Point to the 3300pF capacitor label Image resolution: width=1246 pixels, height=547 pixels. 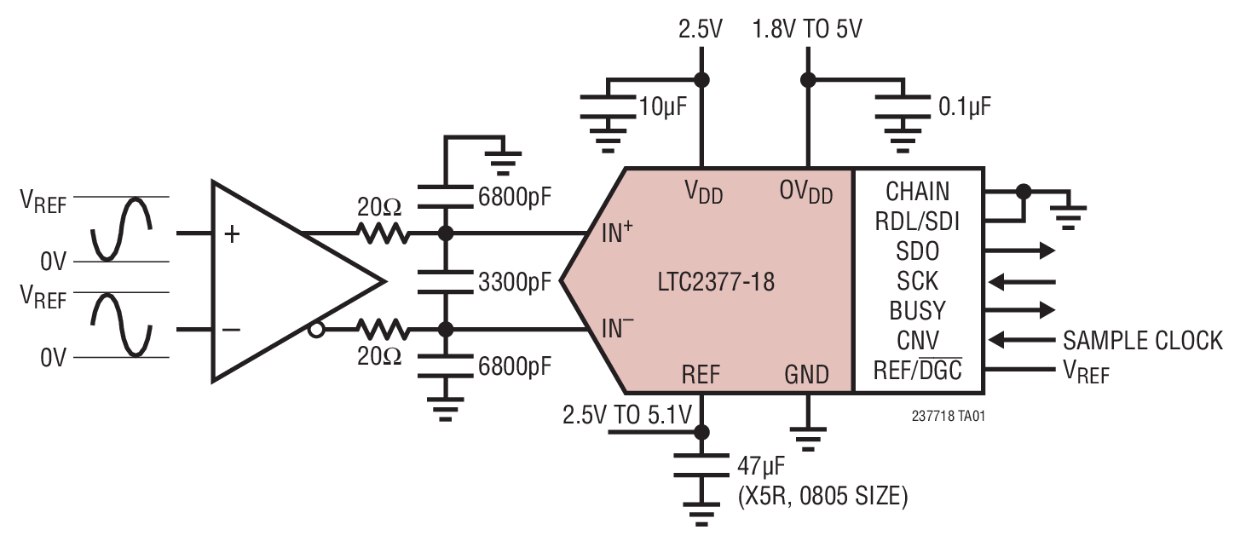pyautogui.click(x=513, y=281)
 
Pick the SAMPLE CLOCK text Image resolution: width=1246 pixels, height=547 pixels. pyautogui.click(x=1142, y=341)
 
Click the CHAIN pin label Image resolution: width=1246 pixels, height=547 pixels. pyautogui.click(x=917, y=191)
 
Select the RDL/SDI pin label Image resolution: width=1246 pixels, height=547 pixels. pyautogui.click(x=917, y=222)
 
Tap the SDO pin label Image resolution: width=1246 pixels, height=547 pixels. pyautogui.click(x=917, y=251)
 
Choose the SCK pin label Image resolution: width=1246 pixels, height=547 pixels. pyautogui.click(x=917, y=281)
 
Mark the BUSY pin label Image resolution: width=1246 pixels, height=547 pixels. pyautogui.click(x=917, y=310)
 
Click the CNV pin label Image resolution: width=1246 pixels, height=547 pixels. pyautogui.click(x=917, y=341)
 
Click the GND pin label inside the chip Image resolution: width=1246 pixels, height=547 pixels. pyautogui.click(x=806, y=374)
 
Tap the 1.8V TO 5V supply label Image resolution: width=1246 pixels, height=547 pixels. pyautogui.click(x=806, y=30)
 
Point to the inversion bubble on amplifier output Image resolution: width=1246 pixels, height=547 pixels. pyautogui.click(x=315, y=330)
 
